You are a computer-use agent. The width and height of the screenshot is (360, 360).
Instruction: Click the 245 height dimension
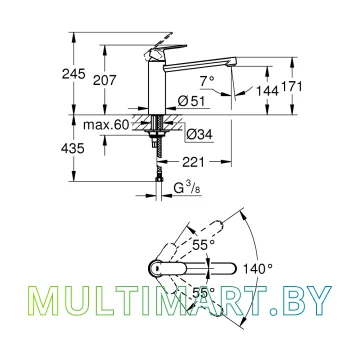pos(74,74)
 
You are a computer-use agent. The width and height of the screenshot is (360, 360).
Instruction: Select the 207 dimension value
pos(105,80)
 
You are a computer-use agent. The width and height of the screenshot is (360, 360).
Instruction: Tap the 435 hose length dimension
pos(73,148)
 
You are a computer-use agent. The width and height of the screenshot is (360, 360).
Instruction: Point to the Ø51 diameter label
pos(191,101)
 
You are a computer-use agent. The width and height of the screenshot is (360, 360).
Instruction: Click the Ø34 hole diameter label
pos(199,134)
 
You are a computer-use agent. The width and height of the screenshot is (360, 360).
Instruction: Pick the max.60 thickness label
pos(106,125)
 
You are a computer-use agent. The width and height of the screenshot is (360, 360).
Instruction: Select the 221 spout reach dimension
pos(193,162)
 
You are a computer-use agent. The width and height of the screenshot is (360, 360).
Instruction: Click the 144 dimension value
pos(267,90)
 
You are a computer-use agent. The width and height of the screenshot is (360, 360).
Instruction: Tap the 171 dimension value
pos(292,87)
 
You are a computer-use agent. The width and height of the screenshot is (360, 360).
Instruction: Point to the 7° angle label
pos(207,81)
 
